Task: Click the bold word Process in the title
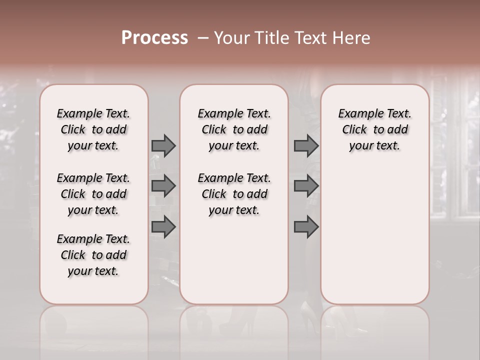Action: (x=154, y=38)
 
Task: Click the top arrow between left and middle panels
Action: (x=163, y=146)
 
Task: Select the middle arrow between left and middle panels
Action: (x=163, y=186)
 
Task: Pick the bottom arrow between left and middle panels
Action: (x=163, y=227)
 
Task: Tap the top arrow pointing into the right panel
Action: (x=306, y=146)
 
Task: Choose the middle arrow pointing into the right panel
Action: (x=306, y=186)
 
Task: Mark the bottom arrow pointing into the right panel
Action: (x=306, y=227)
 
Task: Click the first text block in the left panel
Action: (x=93, y=129)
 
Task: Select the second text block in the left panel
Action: (x=93, y=194)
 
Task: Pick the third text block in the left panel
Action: (x=93, y=255)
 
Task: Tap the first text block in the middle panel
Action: (x=234, y=129)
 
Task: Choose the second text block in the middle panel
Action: (x=234, y=194)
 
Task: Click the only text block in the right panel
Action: (x=374, y=129)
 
